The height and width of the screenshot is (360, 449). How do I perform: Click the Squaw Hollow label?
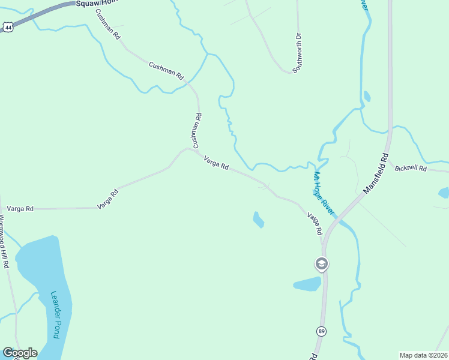(x=95, y=4)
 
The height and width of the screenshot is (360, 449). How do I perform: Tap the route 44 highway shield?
(x=7, y=27)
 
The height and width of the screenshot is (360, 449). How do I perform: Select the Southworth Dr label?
(x=298, y=53)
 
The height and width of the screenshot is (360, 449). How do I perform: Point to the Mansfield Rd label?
(x=376, y=172)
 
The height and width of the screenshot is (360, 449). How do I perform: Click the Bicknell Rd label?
(x=411, y=169)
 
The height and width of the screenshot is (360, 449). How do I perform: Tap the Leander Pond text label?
(x=56, y=314)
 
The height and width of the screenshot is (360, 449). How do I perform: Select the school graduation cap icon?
(x=321, y=264)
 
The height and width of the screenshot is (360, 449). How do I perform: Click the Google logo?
(x=20, y=353)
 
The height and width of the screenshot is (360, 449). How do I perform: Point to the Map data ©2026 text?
(x=423, y=355)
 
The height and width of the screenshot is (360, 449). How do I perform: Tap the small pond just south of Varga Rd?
(x=258, y=220)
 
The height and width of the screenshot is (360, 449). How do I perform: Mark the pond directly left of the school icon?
(x=307, y=284)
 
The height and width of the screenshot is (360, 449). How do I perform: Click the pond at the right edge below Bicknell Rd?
(x=444, y=193)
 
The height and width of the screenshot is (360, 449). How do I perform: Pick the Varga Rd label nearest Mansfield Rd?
(x=315, y=223)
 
